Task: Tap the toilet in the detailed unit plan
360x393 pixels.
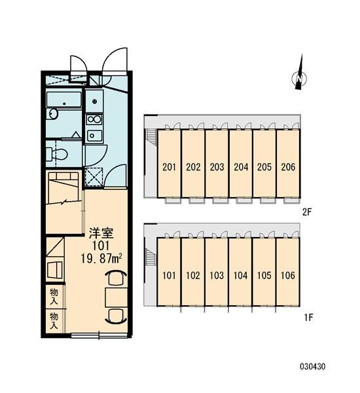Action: (x=57, y=154)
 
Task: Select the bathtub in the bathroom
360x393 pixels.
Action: (x=64, y=100)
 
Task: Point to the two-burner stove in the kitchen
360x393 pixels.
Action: (x=94, y=120)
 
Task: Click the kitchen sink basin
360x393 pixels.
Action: (x=94, y=136)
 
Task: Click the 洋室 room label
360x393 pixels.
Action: (x=101, y=233)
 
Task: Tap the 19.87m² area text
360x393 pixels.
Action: (x=101, y=259)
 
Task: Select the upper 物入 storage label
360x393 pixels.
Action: (x=54, y=296)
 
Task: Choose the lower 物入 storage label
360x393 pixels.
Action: (x=54, y=320)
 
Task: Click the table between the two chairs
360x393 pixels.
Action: (x=117, y=297)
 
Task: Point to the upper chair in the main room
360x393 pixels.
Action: (x=116, y=278)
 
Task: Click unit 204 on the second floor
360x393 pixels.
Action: (x=241, y=166)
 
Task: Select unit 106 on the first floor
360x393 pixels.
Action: (x=288, y=276)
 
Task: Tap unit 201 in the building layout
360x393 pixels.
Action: (x=169, y=166)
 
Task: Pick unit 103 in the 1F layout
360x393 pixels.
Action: (x=217, y=276)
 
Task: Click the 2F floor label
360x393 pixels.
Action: (x=307, y=212)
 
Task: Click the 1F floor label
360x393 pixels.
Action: (x=309, y=318)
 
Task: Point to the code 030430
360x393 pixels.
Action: (x=313, y=367)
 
